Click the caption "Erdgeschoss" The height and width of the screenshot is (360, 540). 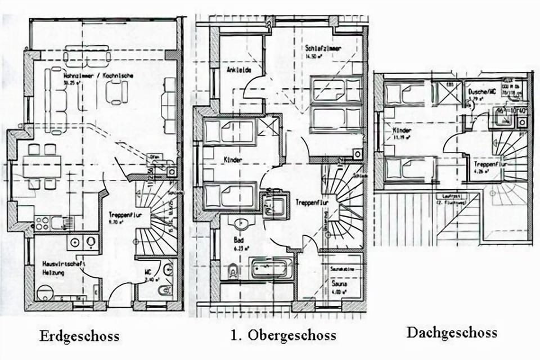tap(79, 336)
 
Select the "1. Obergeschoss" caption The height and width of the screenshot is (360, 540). tap(283, 335)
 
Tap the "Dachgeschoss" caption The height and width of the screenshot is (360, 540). tap(452, 332)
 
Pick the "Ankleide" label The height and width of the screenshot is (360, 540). tap(238, 70)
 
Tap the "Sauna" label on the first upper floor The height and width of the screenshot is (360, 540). tap(339, 285)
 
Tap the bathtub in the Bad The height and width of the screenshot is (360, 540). tap(272, 268)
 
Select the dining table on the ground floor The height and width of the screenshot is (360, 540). tap(41, 167)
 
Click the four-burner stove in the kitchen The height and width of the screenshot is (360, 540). tap(42, 223)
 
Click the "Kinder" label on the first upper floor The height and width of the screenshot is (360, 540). tap(232, 160)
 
